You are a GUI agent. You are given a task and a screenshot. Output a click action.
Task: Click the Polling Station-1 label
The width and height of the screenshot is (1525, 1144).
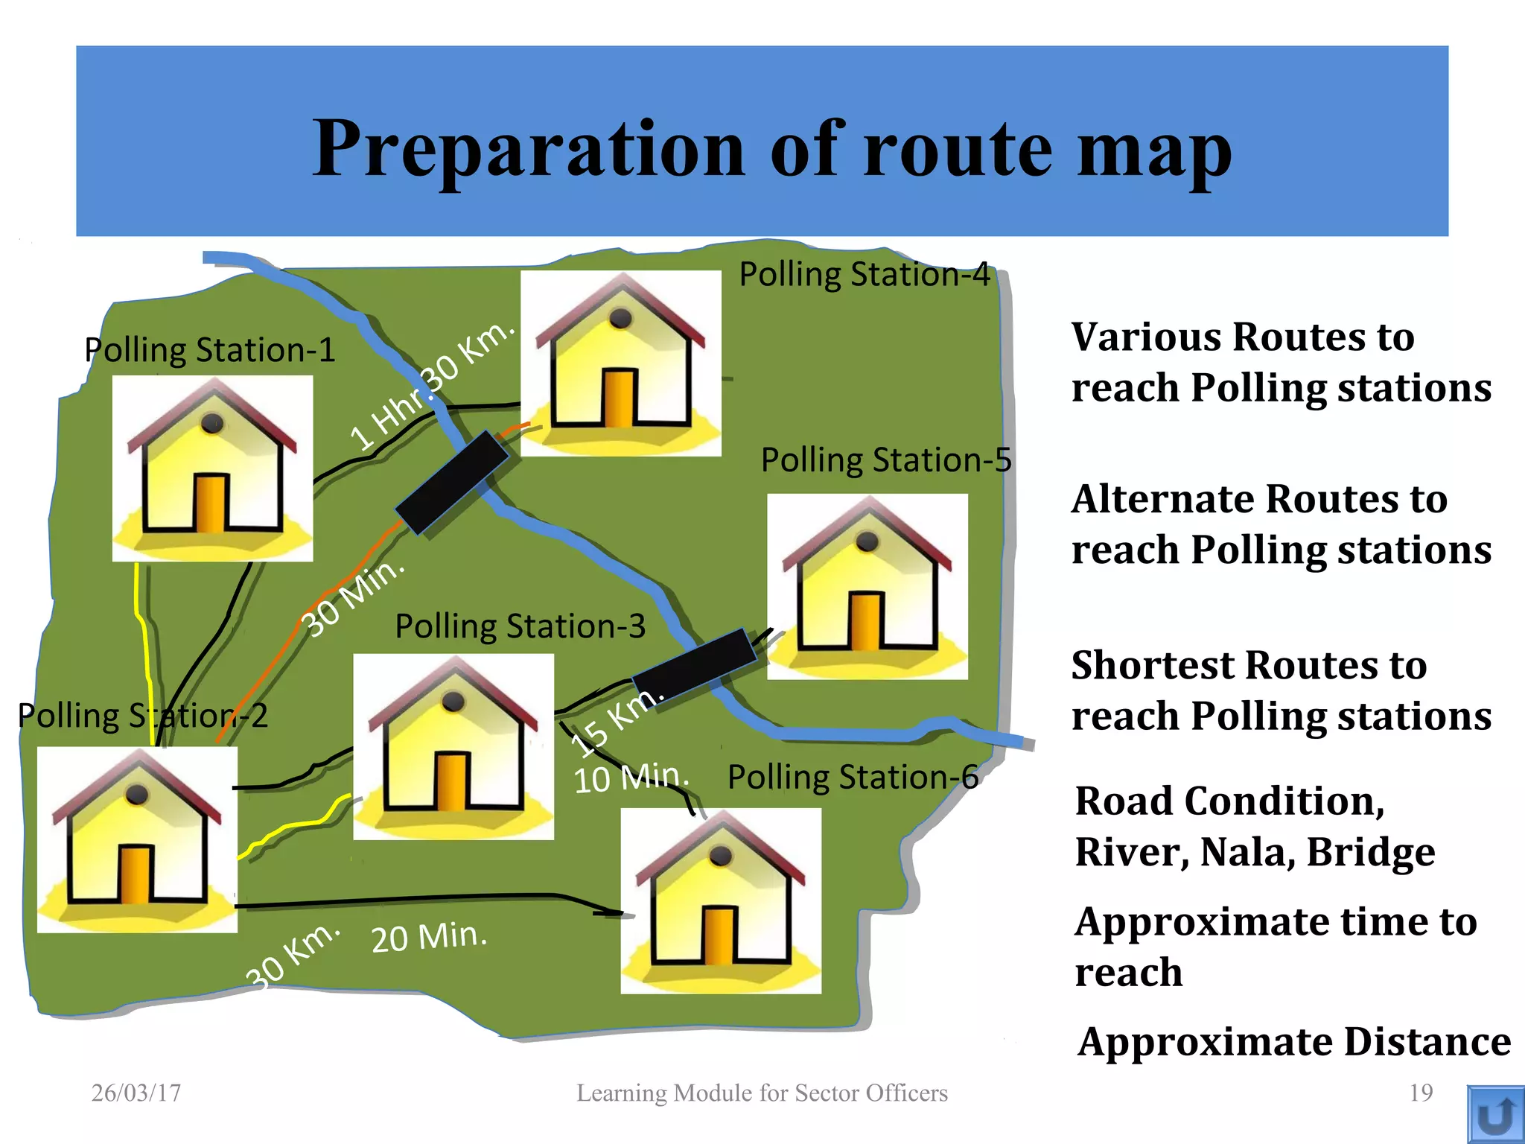[x=209, y=350]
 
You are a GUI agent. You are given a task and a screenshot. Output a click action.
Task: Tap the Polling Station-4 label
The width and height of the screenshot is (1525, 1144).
[x=864, y=274]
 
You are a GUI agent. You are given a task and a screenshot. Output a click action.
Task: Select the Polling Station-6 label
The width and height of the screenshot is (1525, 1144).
[x=853, y=777]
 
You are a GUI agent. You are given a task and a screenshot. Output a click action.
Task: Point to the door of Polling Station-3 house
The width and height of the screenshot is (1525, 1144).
[x=451, y=781]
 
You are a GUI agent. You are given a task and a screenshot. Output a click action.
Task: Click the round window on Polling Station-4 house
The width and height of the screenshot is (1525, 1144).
[x=620, y=319]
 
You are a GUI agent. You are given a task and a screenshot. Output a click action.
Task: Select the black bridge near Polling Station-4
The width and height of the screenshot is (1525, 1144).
[x=452, y=482]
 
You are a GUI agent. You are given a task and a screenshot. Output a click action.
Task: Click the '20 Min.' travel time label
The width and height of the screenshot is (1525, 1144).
[x=429, y=936]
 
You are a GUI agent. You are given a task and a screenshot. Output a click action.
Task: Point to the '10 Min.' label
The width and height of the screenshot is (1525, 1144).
[x=631, y=778]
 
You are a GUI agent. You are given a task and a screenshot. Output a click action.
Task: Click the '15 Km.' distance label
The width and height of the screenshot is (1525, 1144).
[x=615, y=720]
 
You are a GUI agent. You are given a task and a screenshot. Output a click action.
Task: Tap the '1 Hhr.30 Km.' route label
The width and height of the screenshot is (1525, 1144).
[x=432, y=386]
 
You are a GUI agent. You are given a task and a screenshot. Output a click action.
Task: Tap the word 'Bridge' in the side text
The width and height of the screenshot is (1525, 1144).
[x=1370, y=852]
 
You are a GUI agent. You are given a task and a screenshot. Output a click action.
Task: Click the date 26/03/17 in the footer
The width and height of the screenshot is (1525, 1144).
[x=136, y=1093]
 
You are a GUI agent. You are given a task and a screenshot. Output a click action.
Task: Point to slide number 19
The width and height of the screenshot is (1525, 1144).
[x=1421, y=1093]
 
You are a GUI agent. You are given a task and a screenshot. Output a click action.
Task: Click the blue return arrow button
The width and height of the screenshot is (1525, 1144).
[x=1495, y=1114]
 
